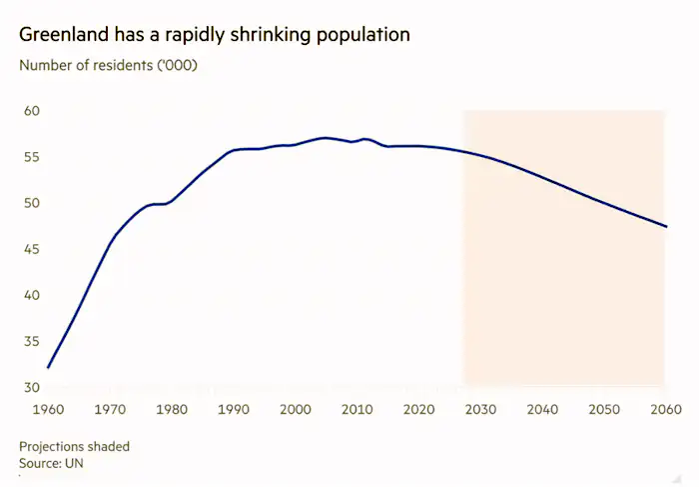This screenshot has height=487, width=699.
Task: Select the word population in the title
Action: (x=360, y=35)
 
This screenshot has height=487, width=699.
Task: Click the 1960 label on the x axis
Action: (x=49, y=410)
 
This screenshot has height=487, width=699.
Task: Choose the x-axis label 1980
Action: (x=172, y=410)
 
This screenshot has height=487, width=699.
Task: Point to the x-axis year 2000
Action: (x=296, y=410)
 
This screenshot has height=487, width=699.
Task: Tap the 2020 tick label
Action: (x=418, y=410)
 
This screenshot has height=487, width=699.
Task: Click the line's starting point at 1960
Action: (x=48, y=368)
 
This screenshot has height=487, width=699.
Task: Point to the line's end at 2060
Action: (x=666, y=227)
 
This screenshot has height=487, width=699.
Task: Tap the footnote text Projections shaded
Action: (x=74, y=446)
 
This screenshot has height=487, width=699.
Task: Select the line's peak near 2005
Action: (x=324, y=138)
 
